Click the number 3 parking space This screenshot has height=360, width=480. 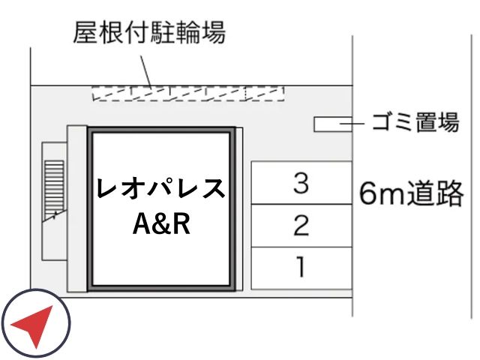[301, 183]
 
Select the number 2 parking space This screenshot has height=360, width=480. [301, 226]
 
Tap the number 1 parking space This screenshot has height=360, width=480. [301, 268]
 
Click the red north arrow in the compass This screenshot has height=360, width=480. [33, 325]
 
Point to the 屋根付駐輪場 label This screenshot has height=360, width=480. [149, 32]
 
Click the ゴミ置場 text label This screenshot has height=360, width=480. [415, 122]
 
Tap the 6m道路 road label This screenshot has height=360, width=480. [411, 193]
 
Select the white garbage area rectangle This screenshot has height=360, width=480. [333, 124]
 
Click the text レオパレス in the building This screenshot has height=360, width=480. [161, 188]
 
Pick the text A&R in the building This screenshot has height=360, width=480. [161, 223]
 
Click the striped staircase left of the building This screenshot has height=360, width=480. [54, 190]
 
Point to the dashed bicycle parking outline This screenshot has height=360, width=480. [188, 93]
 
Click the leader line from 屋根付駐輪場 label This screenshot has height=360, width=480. [146, 71]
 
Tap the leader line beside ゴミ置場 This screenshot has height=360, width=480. [352, 124]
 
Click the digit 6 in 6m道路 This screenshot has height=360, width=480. [368, 194]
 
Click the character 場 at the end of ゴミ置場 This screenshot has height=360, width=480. [448, 122]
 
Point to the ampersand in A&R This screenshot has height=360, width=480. [162, 223]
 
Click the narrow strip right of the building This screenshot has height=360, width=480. [239, 208]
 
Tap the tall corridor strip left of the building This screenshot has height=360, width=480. [77, 208]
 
